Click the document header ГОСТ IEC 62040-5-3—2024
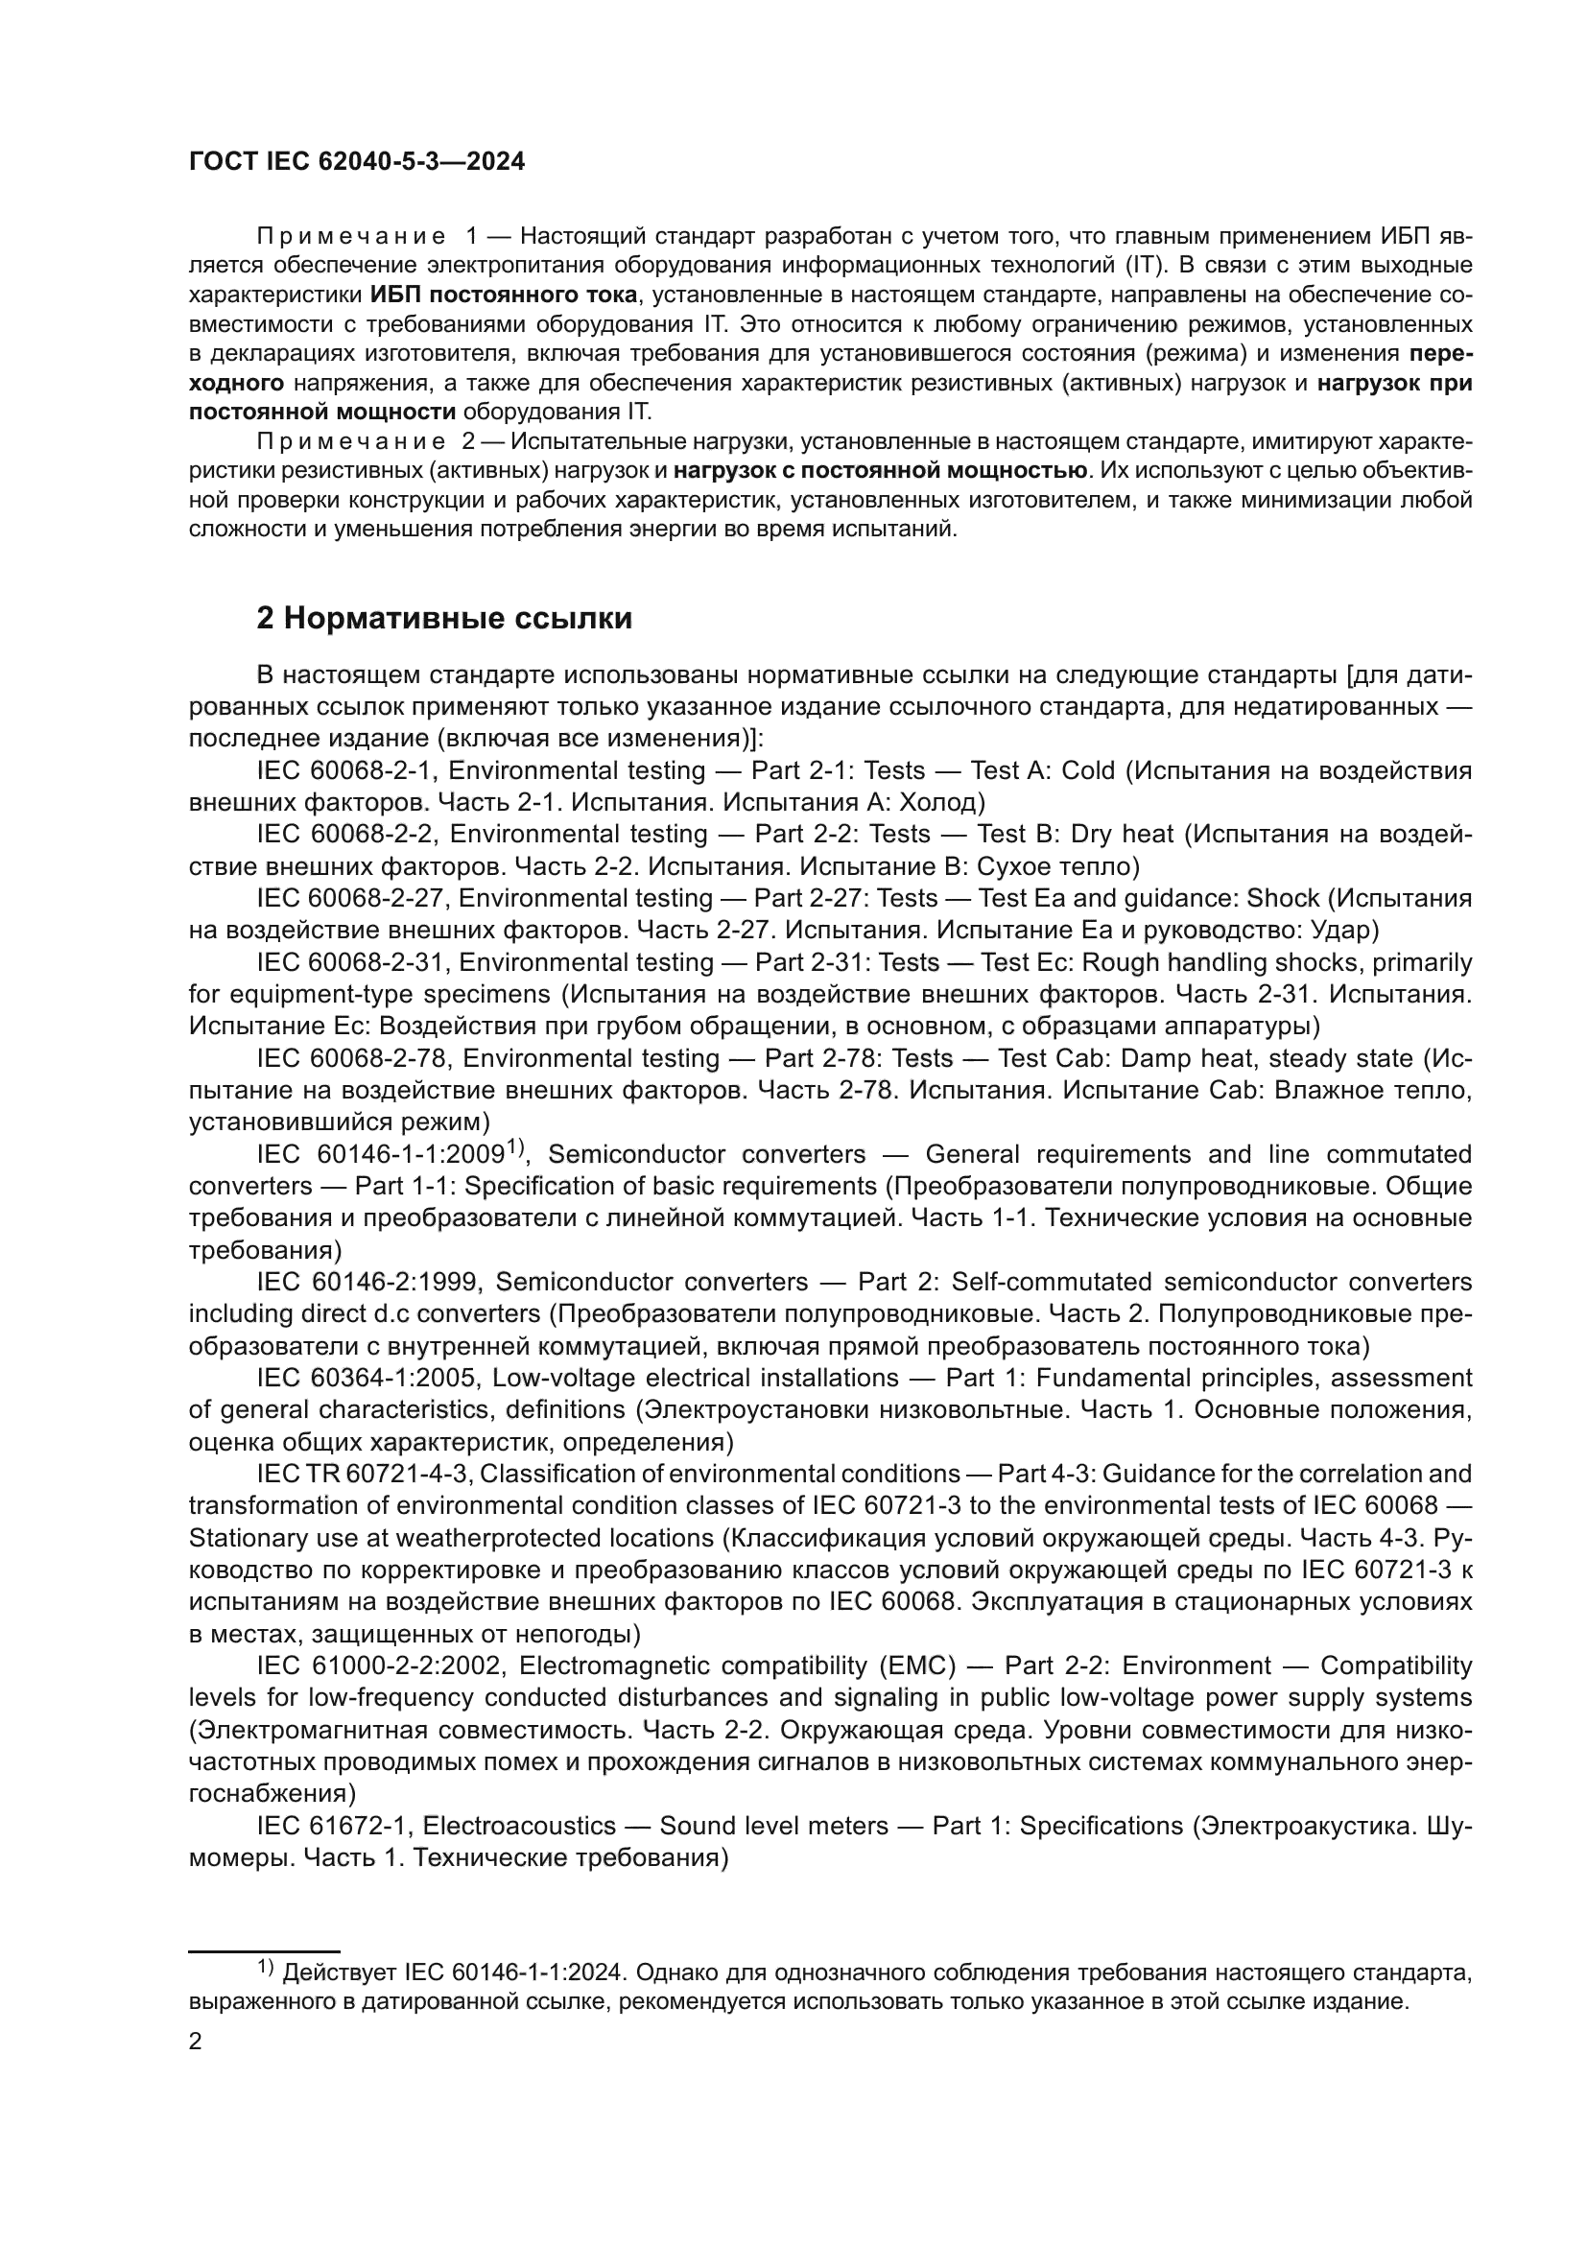(357, 162)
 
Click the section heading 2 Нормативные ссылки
(443, 619)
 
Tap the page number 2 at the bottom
(196, 2042)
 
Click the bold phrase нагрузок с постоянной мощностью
(881, 471)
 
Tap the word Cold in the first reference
(1088, 771)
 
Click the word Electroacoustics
(519, 1826)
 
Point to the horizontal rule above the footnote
(264, 1950)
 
